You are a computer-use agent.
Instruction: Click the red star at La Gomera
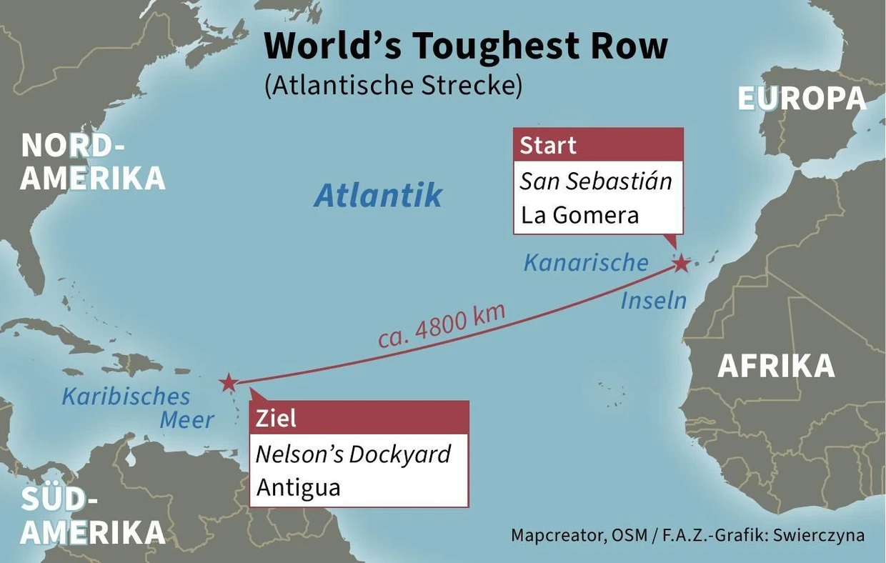point(681,264)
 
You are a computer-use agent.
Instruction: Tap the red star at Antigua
point(228,382)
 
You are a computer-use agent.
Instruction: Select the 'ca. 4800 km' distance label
point(442,326)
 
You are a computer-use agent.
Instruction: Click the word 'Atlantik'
point(378,195)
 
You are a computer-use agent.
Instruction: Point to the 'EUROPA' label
point(802,99)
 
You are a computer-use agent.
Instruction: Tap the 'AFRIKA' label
point(776,366)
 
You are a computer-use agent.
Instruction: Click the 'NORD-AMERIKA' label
point(93,161)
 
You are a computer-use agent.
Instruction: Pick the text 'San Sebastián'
point(596,181)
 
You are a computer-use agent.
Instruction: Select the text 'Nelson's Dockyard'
point(353,454)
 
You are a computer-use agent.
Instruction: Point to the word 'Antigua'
point(298,487)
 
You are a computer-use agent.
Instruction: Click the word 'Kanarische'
point(586,262)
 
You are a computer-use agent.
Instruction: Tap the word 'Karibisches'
point(126,396)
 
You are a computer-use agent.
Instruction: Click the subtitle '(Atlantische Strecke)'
point(393,85)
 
